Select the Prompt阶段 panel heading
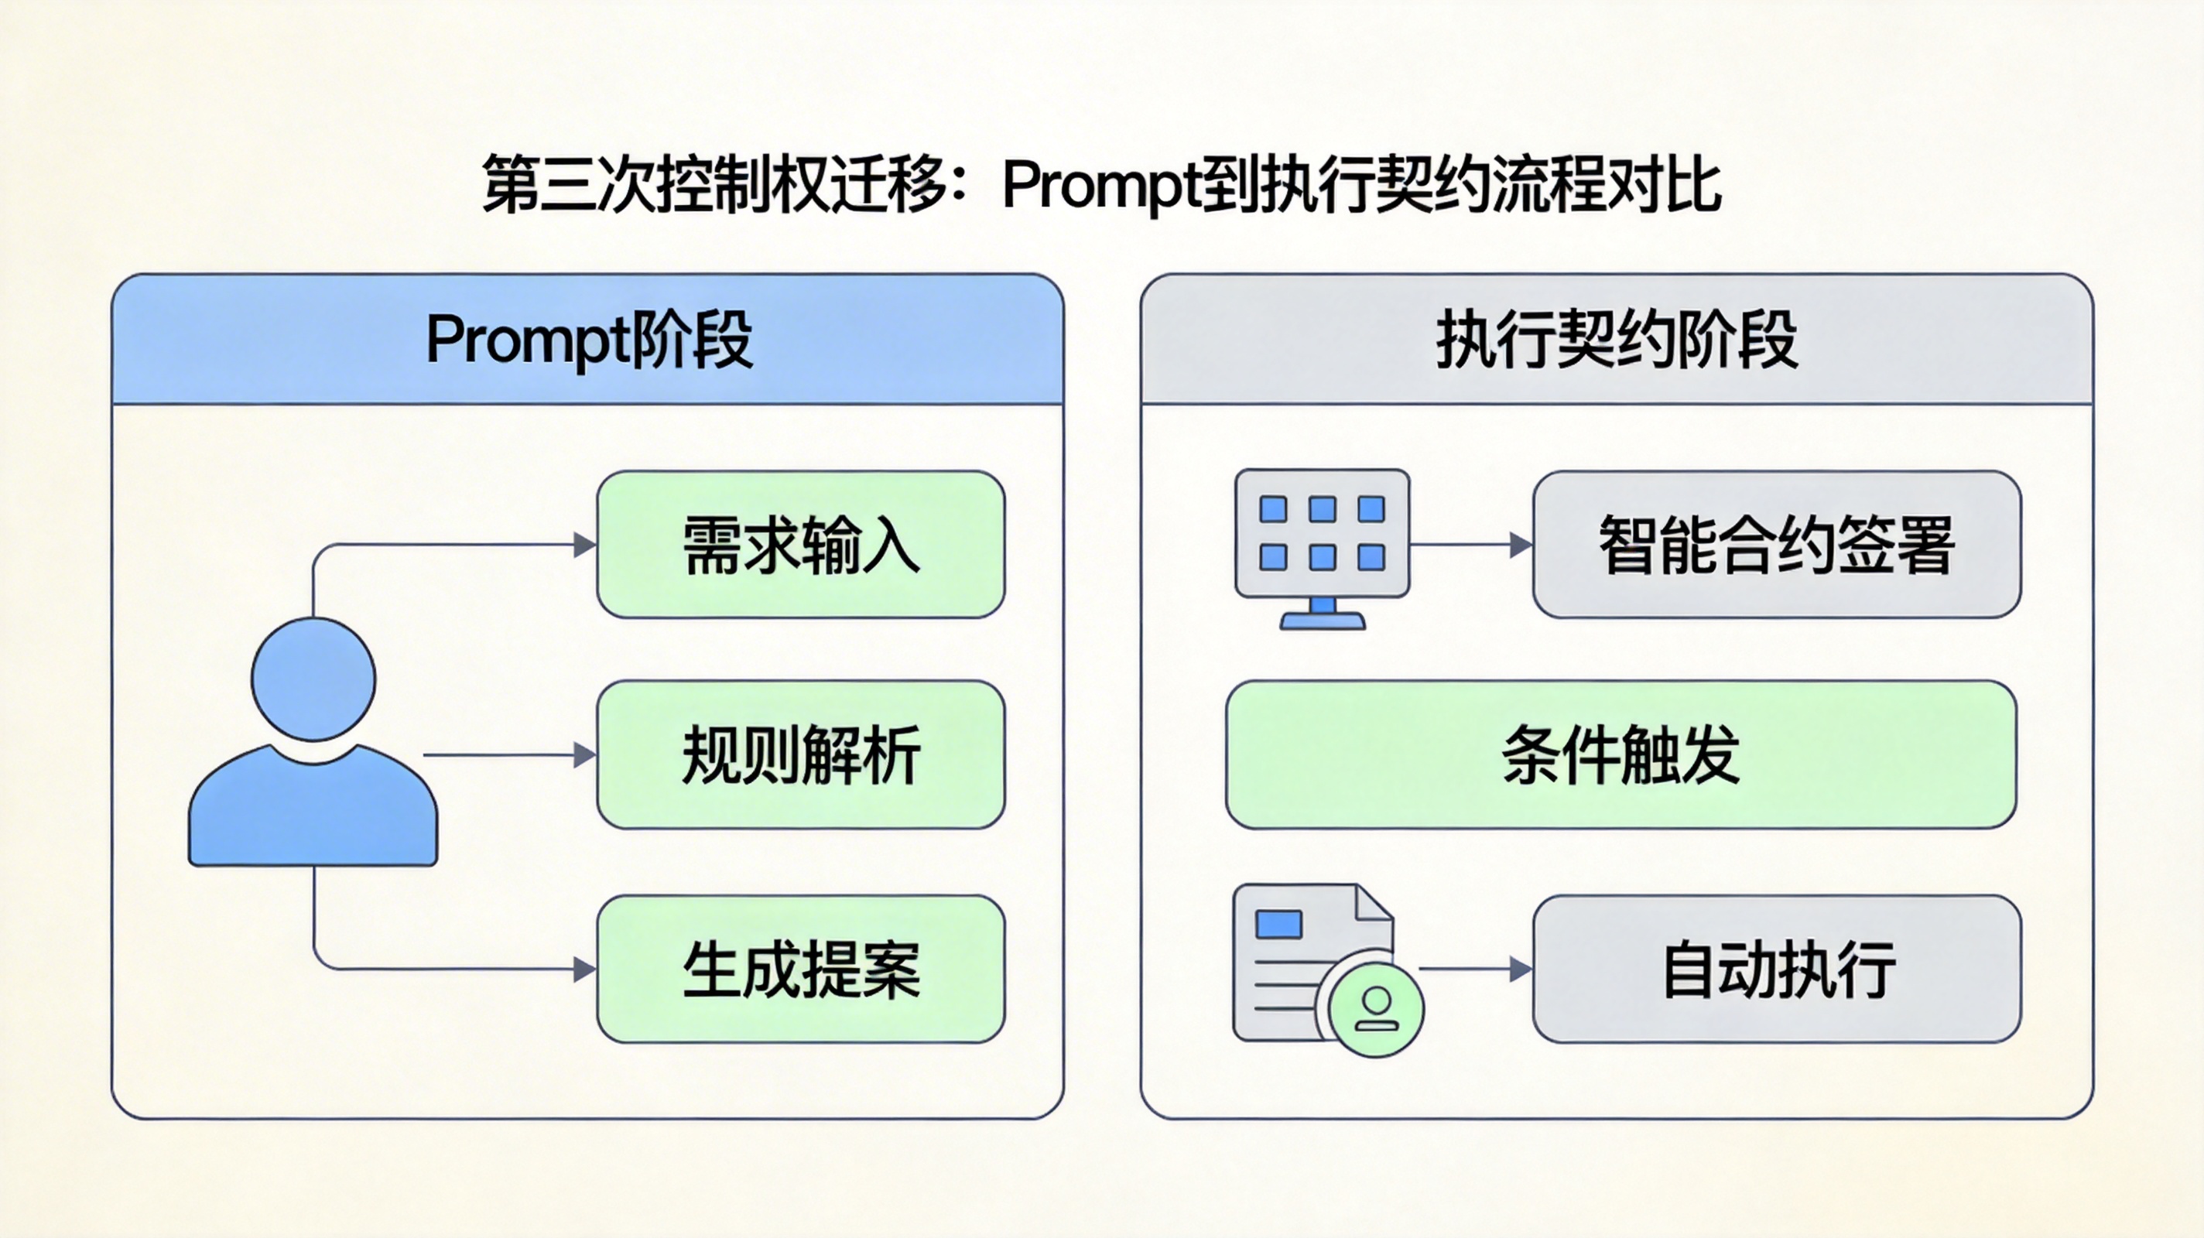point(589,340)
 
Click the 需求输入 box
point(801,544)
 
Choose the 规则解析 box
point(801,754)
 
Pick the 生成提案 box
point(801,970)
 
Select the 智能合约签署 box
point(1776,544)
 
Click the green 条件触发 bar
point(1620,754)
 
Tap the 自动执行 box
point(1776,970)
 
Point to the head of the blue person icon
point(313,679)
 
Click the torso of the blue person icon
point(313,812)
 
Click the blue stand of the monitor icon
point(1322,615)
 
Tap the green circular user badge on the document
point(1376,1010)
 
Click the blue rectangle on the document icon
point(1278,924)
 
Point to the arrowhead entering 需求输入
point(584,544)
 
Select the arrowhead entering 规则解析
point(584,754)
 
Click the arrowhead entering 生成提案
point(584,970)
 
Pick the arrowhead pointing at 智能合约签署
point(1521,544)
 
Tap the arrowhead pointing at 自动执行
point(1521,970)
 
